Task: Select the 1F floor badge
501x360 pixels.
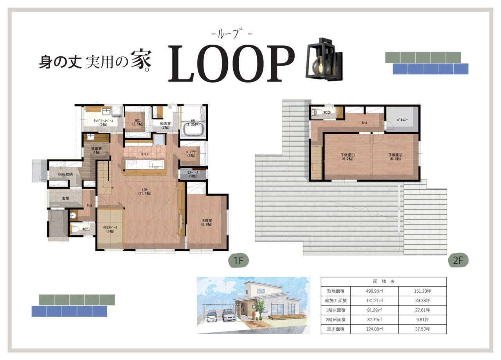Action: [x=238, y=260]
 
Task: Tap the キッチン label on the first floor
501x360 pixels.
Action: [x=145, y=155]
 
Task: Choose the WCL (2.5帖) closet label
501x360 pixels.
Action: [x=134, y=122]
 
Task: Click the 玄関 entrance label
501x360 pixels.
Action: [x=65, y=198]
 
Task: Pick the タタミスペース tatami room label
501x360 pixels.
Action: [x=110, y=229]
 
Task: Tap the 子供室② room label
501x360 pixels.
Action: [x=396, y=157]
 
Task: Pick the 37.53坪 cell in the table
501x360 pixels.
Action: [x=422, y=329]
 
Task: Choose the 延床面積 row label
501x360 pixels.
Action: [x=335, y=329]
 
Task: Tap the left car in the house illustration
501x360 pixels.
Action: [x=211, y=315]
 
